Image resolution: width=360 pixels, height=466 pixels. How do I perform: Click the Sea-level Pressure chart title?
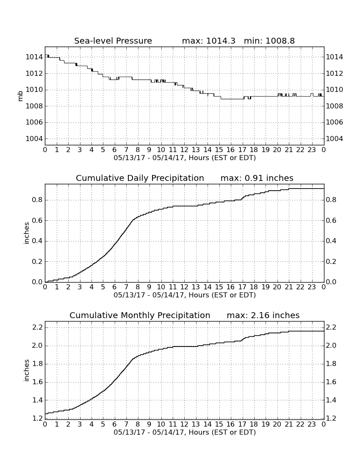tap(113, 41)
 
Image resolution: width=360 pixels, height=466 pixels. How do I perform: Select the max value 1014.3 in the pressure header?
tap(221, 41)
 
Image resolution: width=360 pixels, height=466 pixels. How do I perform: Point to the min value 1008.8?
tap(280, 41)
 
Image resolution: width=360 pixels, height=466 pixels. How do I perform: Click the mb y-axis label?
tap(20, 96)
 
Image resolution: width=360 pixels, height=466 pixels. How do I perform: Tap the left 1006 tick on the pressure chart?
tap(34, 122)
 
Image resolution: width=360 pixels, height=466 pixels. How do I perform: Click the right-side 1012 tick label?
tap(335, 73)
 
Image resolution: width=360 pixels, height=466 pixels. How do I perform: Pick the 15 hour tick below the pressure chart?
tap(219, 150)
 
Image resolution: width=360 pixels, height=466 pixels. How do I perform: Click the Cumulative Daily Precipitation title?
tap(140, 178)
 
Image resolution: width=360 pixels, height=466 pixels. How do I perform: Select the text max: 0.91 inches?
tap(257, 178)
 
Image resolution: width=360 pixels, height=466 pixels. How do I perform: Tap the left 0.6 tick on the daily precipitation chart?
tap(37, 221)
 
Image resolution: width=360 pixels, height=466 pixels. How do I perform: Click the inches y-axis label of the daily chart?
tap(27, 233)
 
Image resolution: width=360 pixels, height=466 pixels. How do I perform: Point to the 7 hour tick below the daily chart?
tap(126, 287)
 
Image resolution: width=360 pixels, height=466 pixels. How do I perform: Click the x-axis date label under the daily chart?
tap(185, 295)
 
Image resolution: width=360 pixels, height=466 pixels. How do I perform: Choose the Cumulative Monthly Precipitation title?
tap(140, 315)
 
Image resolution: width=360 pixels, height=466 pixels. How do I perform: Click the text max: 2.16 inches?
tap(263, 315)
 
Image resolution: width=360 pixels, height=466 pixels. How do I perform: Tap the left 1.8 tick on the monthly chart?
tap(37, 364)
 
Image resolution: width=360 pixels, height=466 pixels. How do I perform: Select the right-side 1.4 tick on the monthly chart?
tap(331, 400)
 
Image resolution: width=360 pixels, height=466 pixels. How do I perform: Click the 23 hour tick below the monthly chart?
tap(312, 424)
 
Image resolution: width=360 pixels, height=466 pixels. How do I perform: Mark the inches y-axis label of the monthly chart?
tap(27, 371)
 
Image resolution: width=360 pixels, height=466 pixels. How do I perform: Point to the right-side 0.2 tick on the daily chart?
tap(331, 261)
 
